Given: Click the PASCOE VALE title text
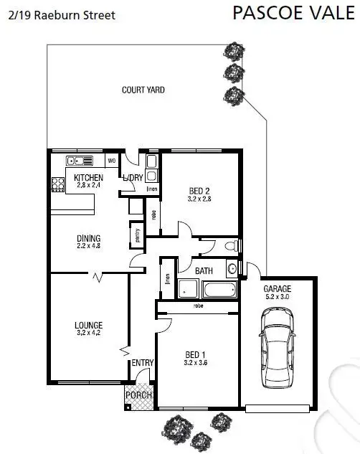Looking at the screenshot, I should [x=295, y=12].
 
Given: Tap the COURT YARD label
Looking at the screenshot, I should [x=143, y=90].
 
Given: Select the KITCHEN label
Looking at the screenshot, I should [x=89, y=178].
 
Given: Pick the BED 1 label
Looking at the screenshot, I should [x=194, y=355].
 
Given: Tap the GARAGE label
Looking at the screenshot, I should [x=278, y=288].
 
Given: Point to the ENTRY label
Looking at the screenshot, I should [x=143, y=364].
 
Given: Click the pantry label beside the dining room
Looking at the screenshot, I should [x=134, y=235].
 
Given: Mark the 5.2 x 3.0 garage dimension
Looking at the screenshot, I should [x=278, y=295].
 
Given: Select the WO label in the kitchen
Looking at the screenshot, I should [x=111, y=160].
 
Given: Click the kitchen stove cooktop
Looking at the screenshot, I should [x=57, y=184].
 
